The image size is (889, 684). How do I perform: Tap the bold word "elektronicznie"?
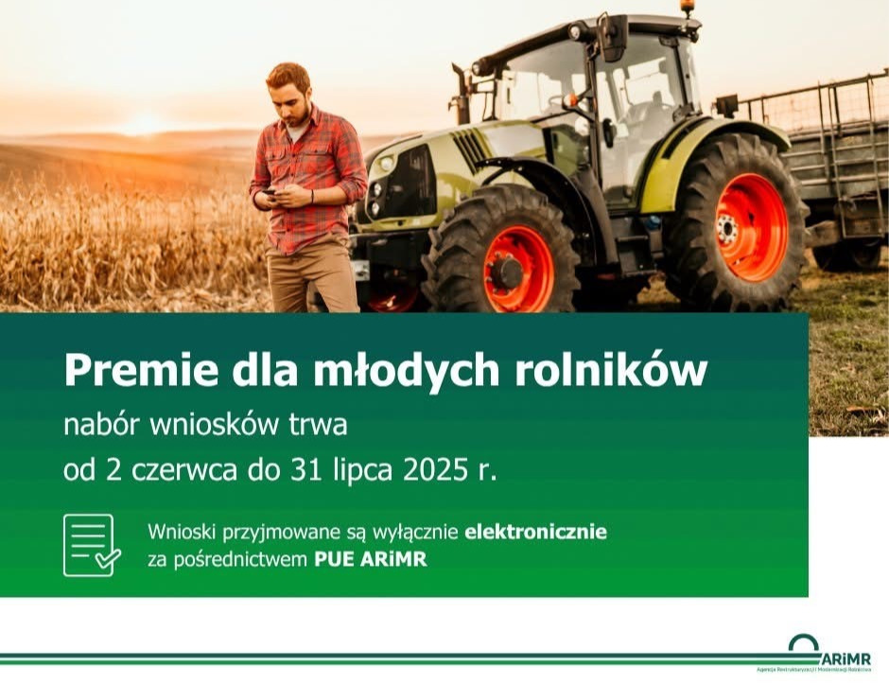click(535, 532)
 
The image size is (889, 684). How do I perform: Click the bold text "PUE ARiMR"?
click(370, 559)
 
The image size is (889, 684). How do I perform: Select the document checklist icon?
click(92, 545)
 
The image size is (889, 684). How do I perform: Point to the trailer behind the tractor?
click(832, 161)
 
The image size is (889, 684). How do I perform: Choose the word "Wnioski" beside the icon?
click(180, 532)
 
